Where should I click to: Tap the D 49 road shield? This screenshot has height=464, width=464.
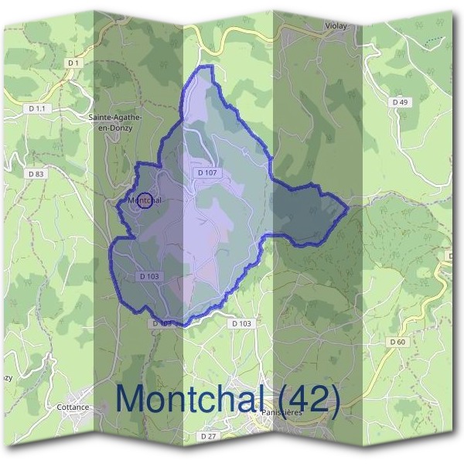point(400,102)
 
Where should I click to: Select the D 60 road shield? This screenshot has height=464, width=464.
point(398,341)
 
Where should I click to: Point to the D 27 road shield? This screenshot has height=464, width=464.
point(207,436)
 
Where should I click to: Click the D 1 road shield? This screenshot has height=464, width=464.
point(74,62)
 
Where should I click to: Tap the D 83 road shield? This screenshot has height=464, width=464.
point(36,174)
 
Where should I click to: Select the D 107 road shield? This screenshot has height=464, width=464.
point(207,173)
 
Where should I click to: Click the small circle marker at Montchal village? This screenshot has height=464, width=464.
point(144,200)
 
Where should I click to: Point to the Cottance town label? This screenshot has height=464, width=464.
point(73,407)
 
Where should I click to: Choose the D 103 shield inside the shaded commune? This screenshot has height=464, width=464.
point(151,275)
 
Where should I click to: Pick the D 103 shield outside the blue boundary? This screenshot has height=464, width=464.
point(242,323)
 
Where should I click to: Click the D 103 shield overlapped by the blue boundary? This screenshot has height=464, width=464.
point(161,322)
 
